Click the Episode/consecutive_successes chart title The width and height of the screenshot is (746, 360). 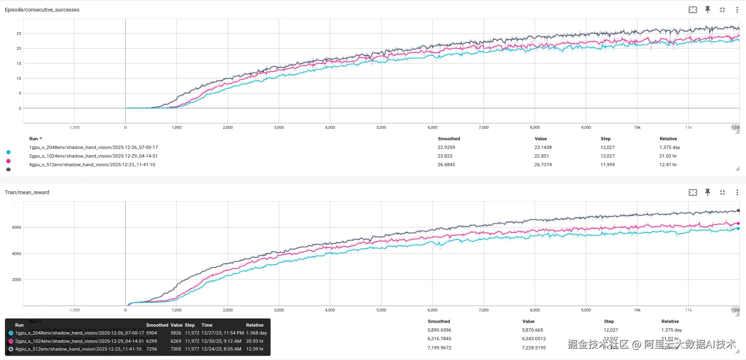[x=42, y=9]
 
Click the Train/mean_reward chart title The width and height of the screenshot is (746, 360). [x=27, y=192]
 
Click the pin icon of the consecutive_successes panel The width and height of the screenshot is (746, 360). [x=707, y=9]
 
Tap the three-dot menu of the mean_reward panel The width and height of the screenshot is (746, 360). [x=737, y=192]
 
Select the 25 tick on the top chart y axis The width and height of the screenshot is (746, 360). [x=19, y=33]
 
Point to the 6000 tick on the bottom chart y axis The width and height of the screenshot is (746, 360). [x=16, y=227]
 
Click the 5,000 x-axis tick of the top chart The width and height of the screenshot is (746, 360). [x=381, y=128]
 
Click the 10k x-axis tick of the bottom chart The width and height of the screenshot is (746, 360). [x=637, y=310]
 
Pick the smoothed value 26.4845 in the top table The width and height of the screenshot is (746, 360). [x=446, y=165]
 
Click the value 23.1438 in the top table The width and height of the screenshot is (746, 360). [x=543, y=147]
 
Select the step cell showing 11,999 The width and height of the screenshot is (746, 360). [x=607, y=165]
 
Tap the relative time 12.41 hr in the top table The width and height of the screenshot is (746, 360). [x=668, y=165]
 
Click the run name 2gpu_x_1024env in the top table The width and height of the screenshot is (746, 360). [x=93, y=156]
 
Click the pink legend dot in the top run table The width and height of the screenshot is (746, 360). [x=8, y=161]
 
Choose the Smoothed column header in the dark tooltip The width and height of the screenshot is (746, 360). [x=157, y=325]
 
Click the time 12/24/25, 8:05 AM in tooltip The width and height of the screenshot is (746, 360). [x=221, y=349]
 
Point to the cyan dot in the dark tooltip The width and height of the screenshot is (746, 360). [x=11, y=333]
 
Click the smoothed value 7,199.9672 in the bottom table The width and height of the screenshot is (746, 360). [x=439, y=348]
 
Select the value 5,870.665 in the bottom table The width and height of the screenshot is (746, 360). [x=533, y=330]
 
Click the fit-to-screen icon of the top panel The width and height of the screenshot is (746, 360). [x=693, y=9]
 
